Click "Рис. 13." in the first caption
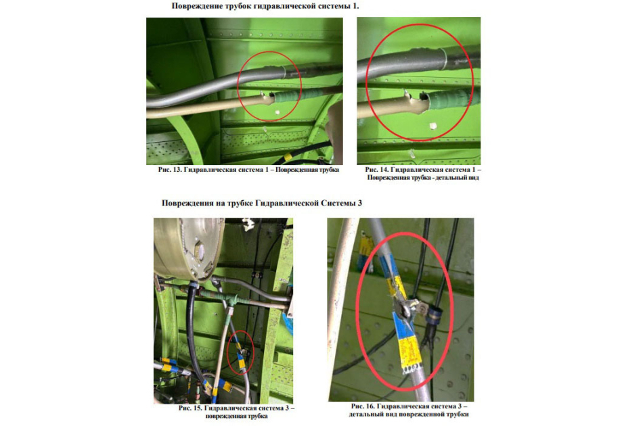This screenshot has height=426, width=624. point(170,170)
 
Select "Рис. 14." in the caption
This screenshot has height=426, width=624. point(376,170)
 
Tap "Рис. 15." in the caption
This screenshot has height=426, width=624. point(190,408)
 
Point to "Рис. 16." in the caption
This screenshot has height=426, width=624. point(363,406)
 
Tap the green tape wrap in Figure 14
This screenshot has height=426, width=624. point(451,97)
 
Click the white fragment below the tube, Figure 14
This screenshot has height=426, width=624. point(432,126)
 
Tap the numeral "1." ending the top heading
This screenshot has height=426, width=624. point(356,6)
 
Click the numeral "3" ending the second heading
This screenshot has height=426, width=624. point(360,204)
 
